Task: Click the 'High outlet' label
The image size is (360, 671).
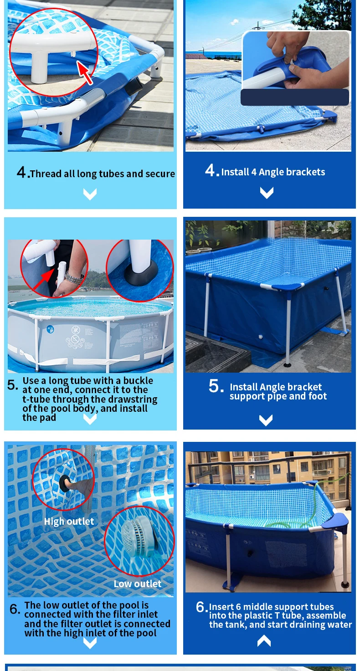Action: click(x=69, y=522)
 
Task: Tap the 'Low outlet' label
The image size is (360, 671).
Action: click(x=138, y=584)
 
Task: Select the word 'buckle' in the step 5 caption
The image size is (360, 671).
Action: click(x=138, y=380)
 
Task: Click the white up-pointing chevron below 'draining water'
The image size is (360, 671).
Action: click(x=264, y=641)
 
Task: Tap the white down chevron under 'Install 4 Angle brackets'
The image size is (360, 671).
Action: click(x=267, y=193)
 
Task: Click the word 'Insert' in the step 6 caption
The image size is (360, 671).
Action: click(x=221, y=607)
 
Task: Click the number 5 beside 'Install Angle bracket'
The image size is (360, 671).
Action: click(x=216, y=386)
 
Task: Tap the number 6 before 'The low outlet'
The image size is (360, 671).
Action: click(x=15, y=609)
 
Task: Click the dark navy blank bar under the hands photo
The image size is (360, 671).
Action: click(x=295, y=97)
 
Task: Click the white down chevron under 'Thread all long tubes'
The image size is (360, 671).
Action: click(x=90, y=194)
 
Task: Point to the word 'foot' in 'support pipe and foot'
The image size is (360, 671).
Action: click(x=318, y=396)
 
